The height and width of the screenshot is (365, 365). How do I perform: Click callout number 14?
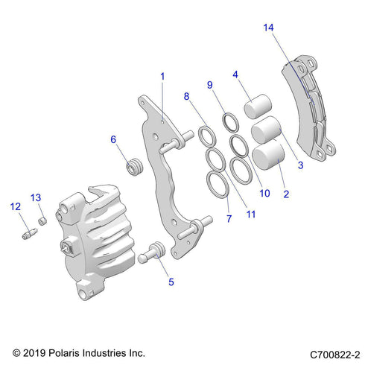click(x=268, y=28)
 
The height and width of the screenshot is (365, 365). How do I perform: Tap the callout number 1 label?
click(x=162, y=76)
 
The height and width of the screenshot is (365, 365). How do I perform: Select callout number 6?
click(x=113, y=139)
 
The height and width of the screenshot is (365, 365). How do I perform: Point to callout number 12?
click(x=14, y=206)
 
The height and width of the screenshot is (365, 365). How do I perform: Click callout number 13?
click(x=35, y=197)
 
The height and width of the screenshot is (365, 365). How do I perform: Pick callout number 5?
click(x=171, y=282)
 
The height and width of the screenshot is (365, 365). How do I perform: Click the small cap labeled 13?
click(x=43, y=219)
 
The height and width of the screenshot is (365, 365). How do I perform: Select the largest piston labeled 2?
click(x=268, y=158)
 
